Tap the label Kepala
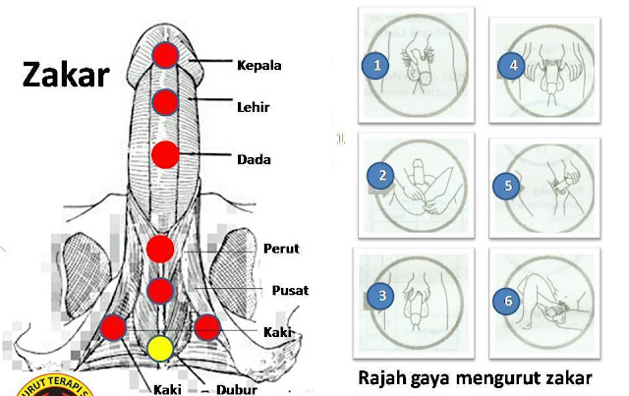259,66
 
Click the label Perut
281,250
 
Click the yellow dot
160,348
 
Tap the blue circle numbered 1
374,66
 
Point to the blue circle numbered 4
509,67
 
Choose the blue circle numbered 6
509,302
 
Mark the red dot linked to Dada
165,155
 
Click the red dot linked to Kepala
165,55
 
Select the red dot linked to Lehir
165,101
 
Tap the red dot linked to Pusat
160,291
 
